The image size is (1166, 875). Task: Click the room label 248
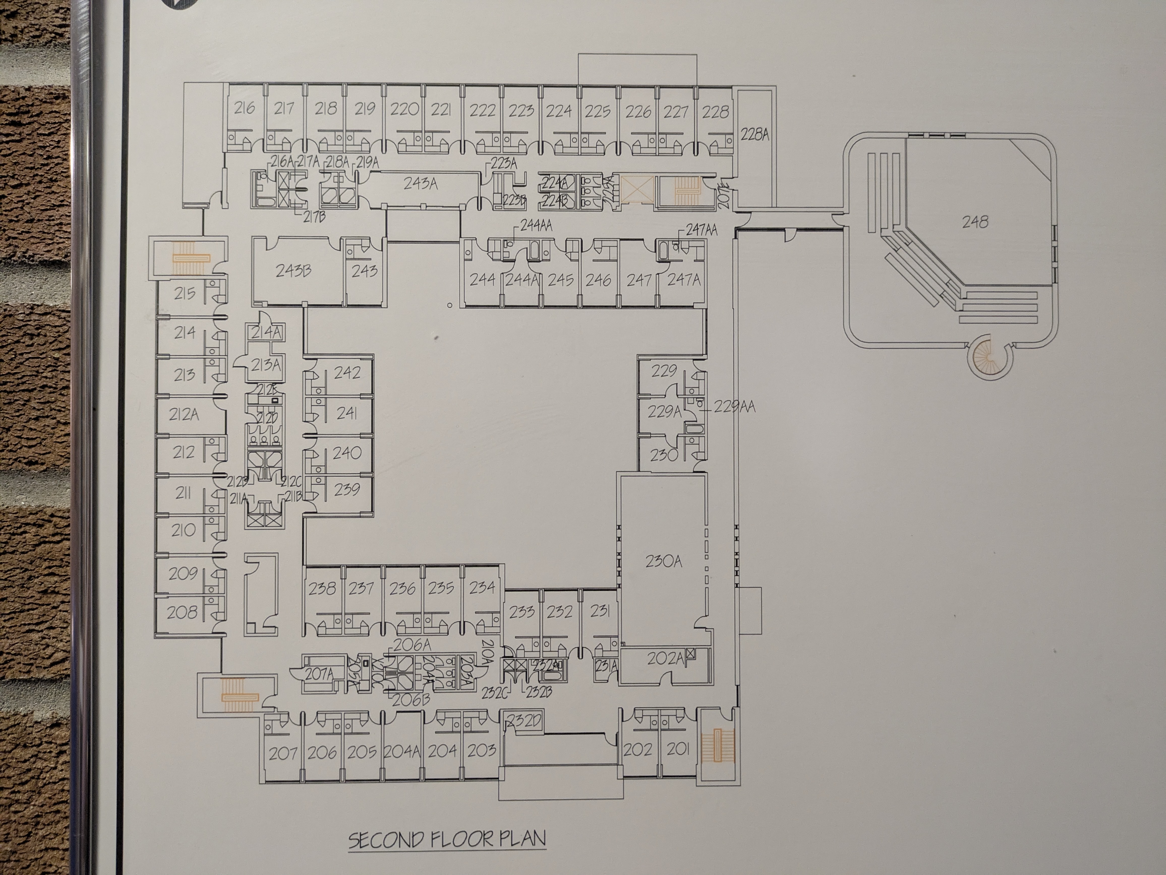[x=975, y=222]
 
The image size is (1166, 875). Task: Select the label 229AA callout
[x=734, y=407]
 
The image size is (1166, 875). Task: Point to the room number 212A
[x=183, y=415]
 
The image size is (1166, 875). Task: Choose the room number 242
[x=347, y=373]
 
